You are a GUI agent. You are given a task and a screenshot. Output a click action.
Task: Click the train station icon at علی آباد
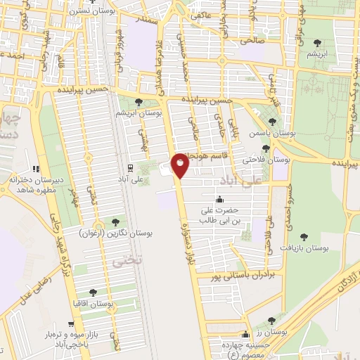pyautogui.click(x=130, y=167)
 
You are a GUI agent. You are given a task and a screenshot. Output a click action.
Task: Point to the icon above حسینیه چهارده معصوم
pyautogui.click(x=245, y=335)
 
